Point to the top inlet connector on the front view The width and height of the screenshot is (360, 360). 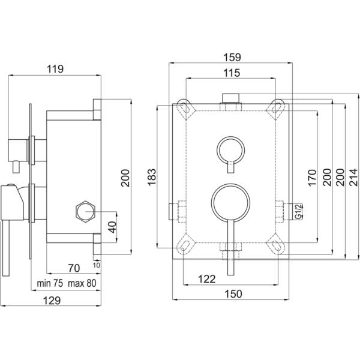[x=231, y=98]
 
